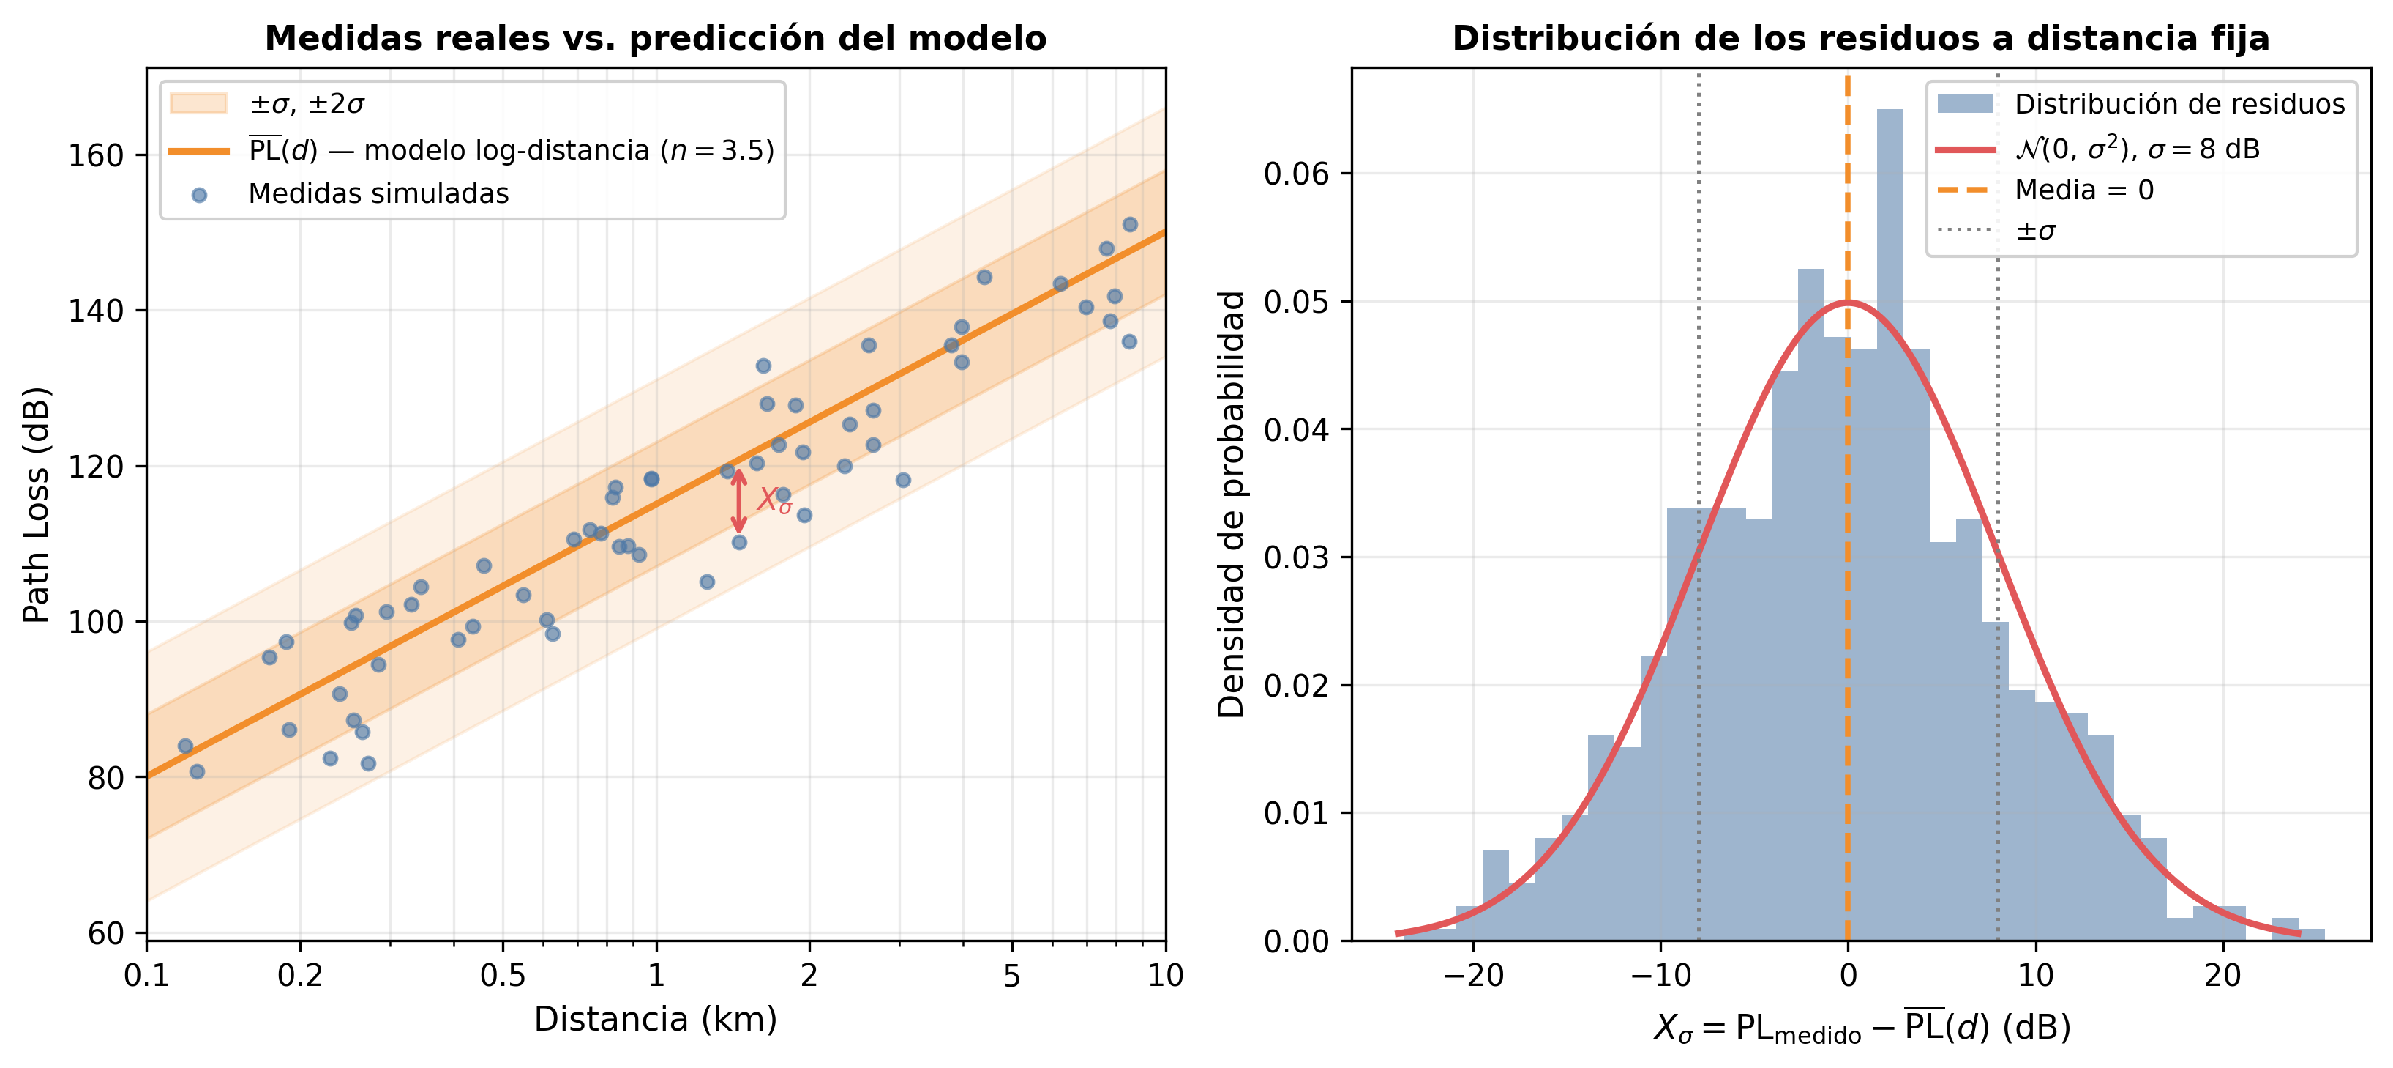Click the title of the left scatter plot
[x=655, y=39]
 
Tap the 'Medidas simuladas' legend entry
[x=378, y=194]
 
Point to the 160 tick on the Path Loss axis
[x=96, y=155]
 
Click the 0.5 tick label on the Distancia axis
[x=503, y=976]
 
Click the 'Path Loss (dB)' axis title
[x=37, y=505]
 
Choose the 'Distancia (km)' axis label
[x=655, y=1020]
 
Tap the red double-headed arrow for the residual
[x=738, y=502]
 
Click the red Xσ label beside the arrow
[x=774, y=501]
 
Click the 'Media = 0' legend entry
[x=2083, y=190]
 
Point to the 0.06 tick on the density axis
[x=1297, y=174]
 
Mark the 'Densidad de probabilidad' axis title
[x=1231, y=505]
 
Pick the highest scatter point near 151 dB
[x=1130, y=225]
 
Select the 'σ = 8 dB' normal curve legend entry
[x=2137, y=149]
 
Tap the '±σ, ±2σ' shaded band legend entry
[x=307, y=104]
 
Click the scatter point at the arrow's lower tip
[x=739, y=542]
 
